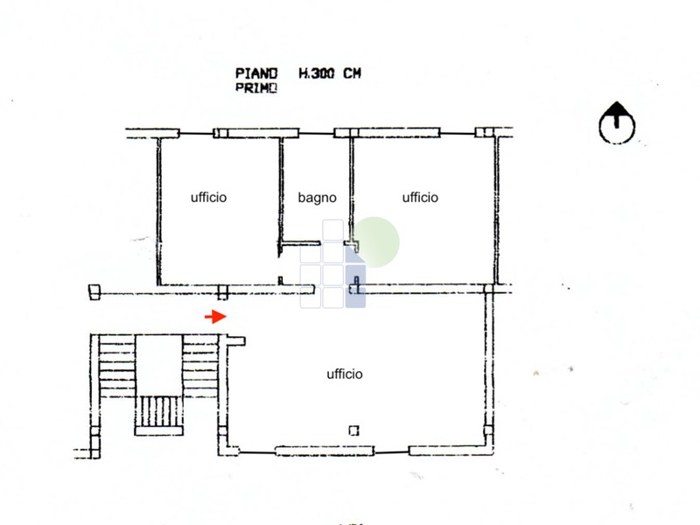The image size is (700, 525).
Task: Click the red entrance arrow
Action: click(x=215, y=317)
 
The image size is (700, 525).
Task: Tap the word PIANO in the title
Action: click(x=256, y=73)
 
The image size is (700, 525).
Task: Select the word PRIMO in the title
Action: click(x=256, y=88)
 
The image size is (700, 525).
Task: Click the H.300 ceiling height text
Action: click(x=316, y=73)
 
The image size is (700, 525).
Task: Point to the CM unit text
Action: click(x=353, y=73)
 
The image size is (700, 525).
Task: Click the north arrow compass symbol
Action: click(x=617, y=122)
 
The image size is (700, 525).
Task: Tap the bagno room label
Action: click(x=317, y=198)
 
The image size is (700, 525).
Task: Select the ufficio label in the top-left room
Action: click(x=208, y=198)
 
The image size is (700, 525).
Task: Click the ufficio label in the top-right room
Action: click(x=420, y=198)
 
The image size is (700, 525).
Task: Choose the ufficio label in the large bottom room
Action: click(x=345, y=374)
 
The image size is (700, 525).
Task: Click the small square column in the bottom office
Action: click(x=354, y=430)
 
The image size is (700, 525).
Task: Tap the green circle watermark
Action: click(x=374, y=242)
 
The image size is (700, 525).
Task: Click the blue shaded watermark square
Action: click(x=355, y=286)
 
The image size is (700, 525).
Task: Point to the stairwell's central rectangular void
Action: click(x=158, y=365)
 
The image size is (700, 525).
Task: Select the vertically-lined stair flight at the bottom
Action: click(x=159, y=411)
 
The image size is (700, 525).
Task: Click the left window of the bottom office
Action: click(x=325, y=451)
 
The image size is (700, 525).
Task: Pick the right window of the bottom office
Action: click(x=447, y=451)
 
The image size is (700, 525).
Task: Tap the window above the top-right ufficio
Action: click(x=387, y=133)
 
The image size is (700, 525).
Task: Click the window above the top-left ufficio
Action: click(x=255, y=133)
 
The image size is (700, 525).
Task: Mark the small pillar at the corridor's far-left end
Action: click(x=94, y=292)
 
